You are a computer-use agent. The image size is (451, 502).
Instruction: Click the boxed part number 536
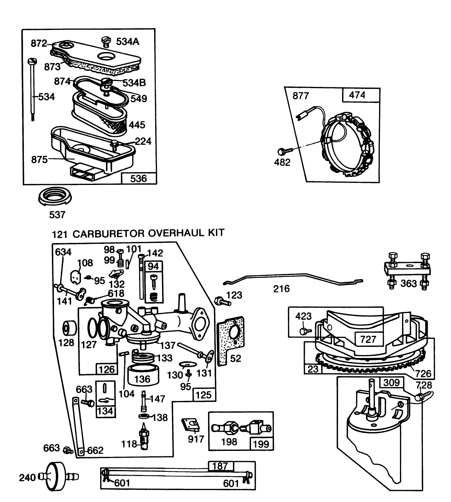(x=138, y=178)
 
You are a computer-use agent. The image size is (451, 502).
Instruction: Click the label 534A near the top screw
(x=127, y=42)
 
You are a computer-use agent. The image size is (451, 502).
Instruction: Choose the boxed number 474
(x=357, y=95)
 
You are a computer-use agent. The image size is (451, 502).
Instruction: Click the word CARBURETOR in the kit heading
(x=109, y=233)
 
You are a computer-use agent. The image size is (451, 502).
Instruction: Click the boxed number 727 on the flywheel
(x=368, y=339)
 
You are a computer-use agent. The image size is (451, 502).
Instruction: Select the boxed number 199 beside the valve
(x=261, y=444)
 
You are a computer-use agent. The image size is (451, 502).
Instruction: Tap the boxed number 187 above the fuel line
(x=220, y=466)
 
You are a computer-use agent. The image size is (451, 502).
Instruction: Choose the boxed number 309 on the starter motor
(x=391, y=382)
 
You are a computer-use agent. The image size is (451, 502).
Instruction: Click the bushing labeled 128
(x=69, y=329)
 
